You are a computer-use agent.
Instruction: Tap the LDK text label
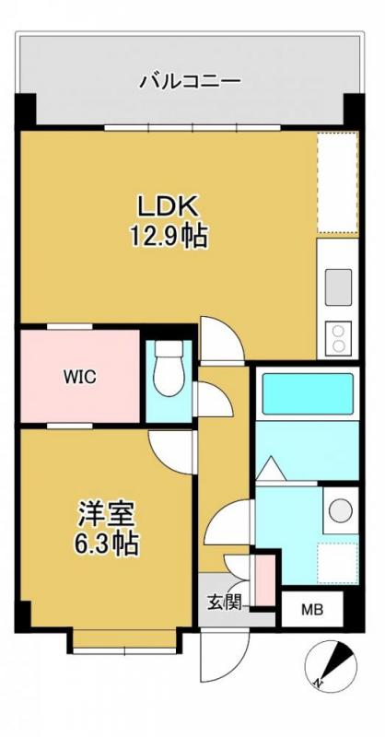tap(166, 204)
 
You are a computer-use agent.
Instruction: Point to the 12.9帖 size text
tap(167, 236)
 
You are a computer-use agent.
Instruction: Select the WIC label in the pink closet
tap(79, 376)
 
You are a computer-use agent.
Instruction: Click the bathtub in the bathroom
tap(308, 393)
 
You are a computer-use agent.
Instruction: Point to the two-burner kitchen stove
tap(336, 337)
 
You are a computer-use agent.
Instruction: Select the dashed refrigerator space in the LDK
tap(336, 182)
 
